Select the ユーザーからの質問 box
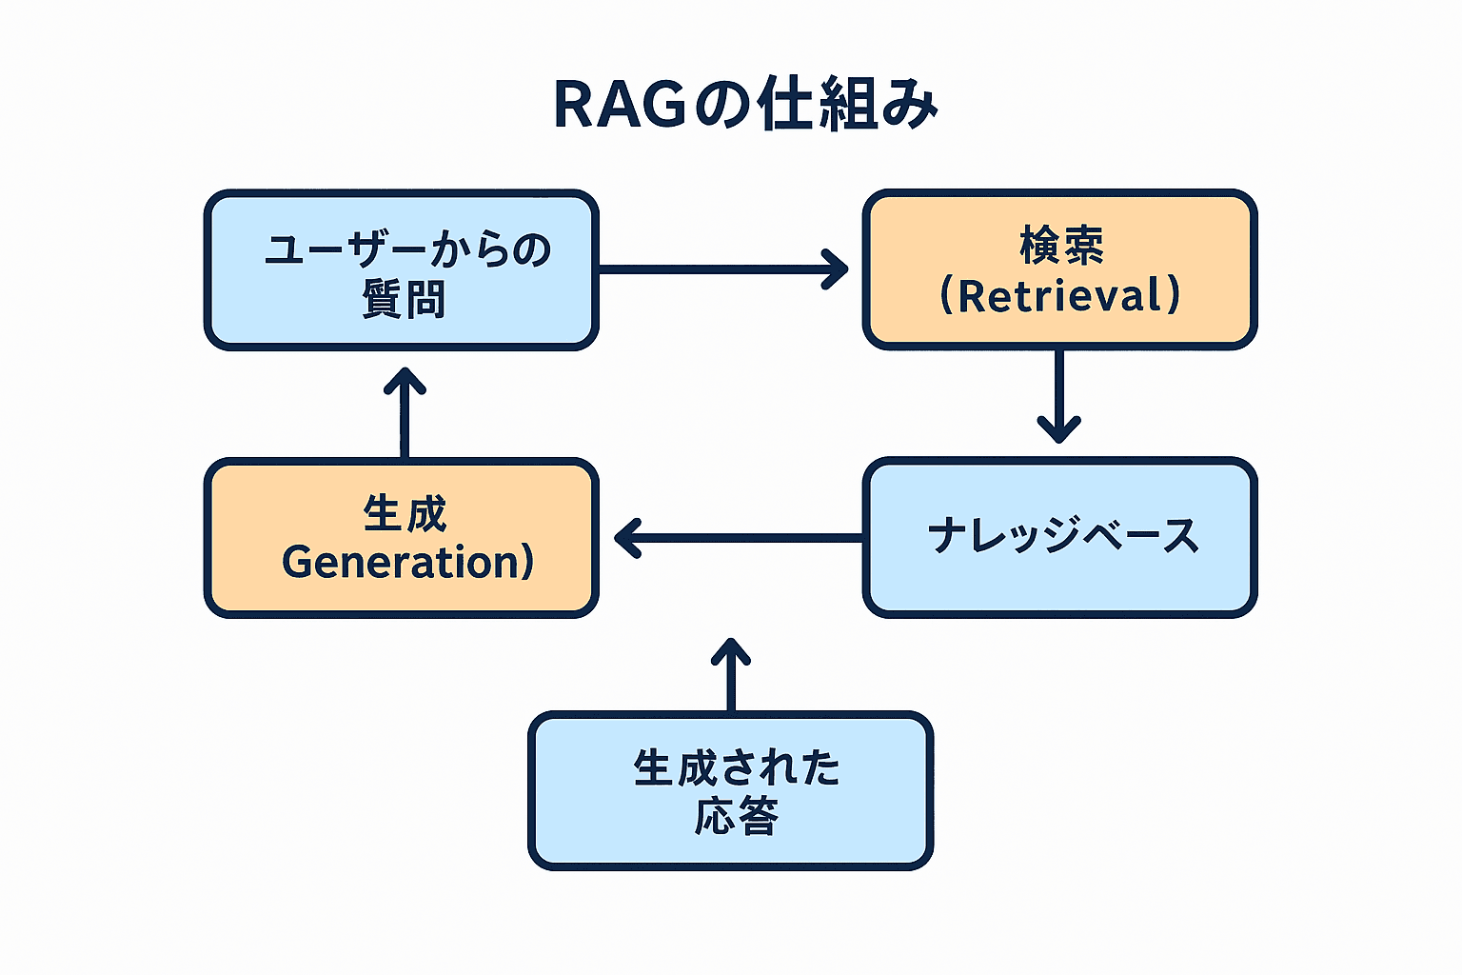(x=402, y=269)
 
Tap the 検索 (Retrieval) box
(x=1059, y=269)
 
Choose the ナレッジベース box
(x=1059, y=537)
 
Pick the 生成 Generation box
(x=402, y=537)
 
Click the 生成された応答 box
(x=730, y=791)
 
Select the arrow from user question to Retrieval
(x=723, y=269)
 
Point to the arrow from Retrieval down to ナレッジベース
(x=1058, y=396)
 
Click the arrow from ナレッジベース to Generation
(x=739, y=538)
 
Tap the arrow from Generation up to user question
(x=405, y=412)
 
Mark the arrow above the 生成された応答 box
(x=731, y=675)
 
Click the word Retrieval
(x=1060, y=295)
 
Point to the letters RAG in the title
(x=620, y=106)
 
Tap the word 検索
(x=1062, y=245)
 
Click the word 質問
(x=404, y=298)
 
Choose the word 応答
(x=736, y=816)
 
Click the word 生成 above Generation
(x=405, y=513)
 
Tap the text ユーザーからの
(x=408, y=249)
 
